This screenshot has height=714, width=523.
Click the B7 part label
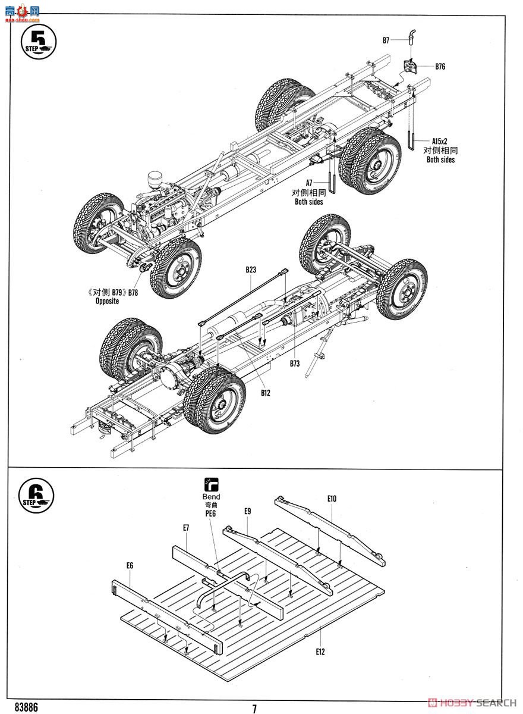coord(386,40)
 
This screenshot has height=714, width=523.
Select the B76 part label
coord(440,67)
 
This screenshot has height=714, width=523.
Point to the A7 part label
coord(309,183)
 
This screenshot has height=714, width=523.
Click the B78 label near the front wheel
coord(133,292)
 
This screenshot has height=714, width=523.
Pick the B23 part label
coord(251,270)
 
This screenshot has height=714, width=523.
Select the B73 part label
coord(295,363)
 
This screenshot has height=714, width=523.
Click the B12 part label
coord(266,393)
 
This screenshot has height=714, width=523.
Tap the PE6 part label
coord(211,513)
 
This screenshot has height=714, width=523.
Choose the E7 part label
coord(186,528)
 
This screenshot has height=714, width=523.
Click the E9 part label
coord(248,511)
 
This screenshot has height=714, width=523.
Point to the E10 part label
coord(332,499)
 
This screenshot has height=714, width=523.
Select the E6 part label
coord(130,565)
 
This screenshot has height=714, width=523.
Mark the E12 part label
coord(320,652)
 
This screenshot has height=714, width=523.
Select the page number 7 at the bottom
coord(254,708)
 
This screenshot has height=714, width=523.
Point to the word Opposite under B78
coord(107,301)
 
